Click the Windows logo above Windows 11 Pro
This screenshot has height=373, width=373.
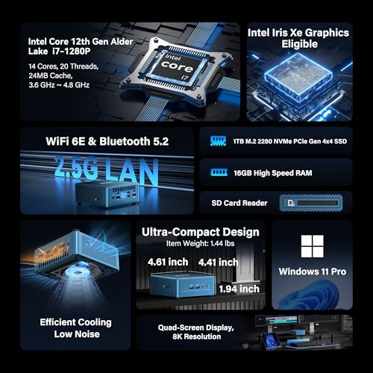click(312, 246)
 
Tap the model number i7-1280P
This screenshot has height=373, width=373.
click(72, 51)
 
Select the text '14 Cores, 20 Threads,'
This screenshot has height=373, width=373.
click(63, 66)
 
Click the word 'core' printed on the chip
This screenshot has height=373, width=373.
click(177, 66)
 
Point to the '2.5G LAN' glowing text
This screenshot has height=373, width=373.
click(106, 169)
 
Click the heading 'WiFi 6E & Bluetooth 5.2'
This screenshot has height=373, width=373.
click(107, 141)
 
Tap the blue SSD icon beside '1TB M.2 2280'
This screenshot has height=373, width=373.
click(218, 141)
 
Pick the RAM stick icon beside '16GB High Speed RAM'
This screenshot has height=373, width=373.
click(219, 172)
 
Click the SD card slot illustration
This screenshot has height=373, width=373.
click(311, 203)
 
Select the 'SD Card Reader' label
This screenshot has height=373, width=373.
click(239, 203)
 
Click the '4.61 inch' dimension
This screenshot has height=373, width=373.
click(168, 262)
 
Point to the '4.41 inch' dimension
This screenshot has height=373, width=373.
click(218, 262)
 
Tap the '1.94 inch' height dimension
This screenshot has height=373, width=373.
click(239, 289)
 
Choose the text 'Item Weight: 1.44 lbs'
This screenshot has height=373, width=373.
click(200, 243)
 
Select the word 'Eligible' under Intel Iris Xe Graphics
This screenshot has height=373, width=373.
click(300, 44)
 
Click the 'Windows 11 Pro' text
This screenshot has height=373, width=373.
click(313, 272)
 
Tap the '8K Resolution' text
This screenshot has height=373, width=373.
click(197, 336)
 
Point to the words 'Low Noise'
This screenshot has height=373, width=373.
click(77, 334)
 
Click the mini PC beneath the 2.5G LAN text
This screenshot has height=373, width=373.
click(107, 195)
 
